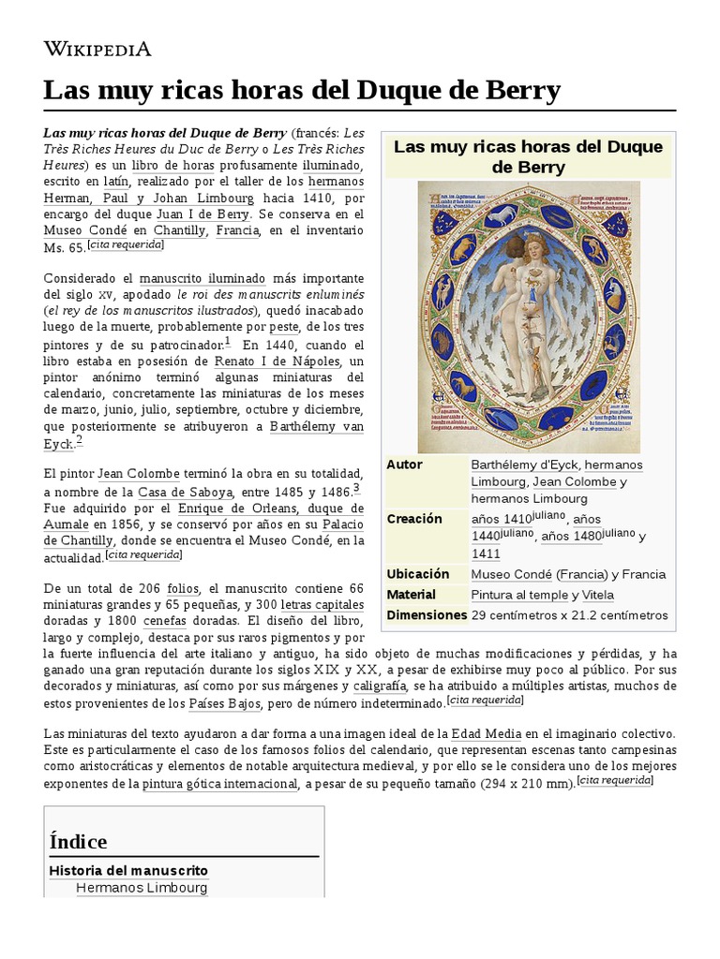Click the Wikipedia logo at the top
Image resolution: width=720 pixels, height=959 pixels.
97,49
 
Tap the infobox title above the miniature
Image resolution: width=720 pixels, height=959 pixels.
528,156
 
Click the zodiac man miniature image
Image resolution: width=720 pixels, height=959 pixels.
528,317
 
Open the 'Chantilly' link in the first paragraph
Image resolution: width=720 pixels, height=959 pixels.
180,230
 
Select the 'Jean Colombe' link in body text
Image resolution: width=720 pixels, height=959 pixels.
138,475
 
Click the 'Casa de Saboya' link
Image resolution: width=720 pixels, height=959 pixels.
172,492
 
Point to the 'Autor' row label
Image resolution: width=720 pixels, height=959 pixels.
404,465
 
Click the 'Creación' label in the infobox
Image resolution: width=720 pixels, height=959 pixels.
413,519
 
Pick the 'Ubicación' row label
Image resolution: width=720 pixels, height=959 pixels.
417,574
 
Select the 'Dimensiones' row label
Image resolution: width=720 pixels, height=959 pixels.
427,615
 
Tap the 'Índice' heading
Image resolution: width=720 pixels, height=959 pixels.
78,841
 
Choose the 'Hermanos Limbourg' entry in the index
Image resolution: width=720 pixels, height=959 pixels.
141,887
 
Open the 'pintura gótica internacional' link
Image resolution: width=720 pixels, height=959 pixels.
219,785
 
